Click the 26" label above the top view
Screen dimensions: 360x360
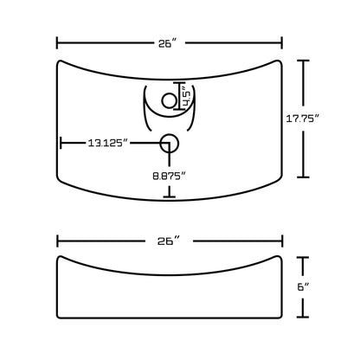pyautogui.click(x=170, y=42)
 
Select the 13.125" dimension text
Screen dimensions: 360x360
pyautogui.click(x=108, y=143)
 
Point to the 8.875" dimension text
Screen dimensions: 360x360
pyautogui.click(x=170, y=176)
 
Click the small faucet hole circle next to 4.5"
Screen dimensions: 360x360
pyautogui.click(x=170, y=102)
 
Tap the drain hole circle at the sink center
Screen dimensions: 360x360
pyautogui.click(x=170, y=143)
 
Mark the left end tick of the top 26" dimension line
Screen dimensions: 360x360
pyautogui.click(x=58, y=42)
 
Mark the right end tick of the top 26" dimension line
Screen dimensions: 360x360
pyautogui.click(x=282, y=42)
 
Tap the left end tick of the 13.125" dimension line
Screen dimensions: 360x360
pyautogui.click(x=60, y=143)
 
